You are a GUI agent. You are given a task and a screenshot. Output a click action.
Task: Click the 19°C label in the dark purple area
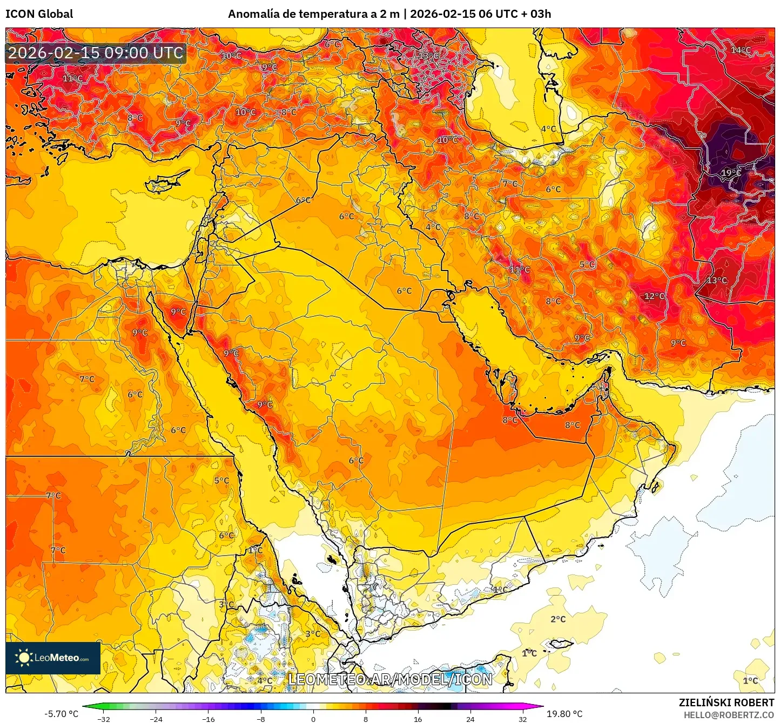[x=730, y=173]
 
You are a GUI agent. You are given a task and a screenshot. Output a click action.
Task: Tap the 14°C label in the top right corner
[x=741, y=50]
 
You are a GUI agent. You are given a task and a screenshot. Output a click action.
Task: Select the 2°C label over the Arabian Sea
[x=558, y=619]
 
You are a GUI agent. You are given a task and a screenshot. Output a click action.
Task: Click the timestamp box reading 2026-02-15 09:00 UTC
[x=96, y=53]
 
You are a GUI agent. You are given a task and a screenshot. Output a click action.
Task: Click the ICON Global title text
[x=39, y=14]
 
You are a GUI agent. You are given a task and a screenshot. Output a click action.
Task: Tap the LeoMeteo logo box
[x=53, y=658]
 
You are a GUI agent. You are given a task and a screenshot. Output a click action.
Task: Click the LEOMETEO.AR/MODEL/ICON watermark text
[x=390, y=679]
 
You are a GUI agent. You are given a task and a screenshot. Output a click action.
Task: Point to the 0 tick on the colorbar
[x=313, y=719]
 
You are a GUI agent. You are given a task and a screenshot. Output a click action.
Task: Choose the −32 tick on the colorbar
[x=103, y=719]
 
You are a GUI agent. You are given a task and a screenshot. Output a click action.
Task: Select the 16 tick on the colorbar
[x=418, y=719]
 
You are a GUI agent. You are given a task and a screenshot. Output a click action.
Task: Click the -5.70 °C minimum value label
[x=61, y=714]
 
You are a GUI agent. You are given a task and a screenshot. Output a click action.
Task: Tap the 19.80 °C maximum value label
[x=564, y=714]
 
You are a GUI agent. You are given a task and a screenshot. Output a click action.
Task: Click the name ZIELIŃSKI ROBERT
[x=726, y=702]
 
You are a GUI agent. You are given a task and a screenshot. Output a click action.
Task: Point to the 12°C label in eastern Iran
[x=654, y=296]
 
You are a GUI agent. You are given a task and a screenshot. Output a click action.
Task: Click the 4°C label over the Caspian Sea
[x=548, y=129]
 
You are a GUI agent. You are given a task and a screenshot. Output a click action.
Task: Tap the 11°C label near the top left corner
[x=72, y=78]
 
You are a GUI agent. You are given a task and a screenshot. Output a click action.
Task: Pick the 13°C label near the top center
[x=428, y=56]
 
